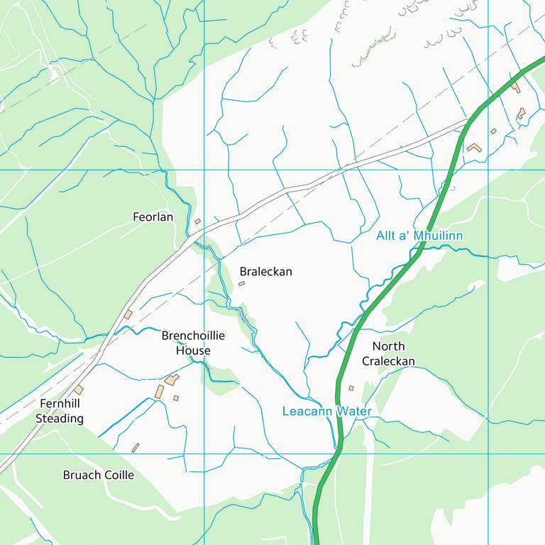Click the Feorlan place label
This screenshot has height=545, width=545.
(x=153, y=217)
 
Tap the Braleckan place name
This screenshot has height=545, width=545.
(x=265, y=272)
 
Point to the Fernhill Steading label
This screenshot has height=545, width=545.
(x=60, y=412)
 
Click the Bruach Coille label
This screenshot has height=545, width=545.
(x=98, y=475)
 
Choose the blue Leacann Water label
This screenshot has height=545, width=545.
(x=326, y=411)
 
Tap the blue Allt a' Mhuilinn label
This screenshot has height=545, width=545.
(x=419, y=235)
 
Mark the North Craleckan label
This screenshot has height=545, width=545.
(x=388, y=353)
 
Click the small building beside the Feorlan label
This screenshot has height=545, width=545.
(x=198, y=221)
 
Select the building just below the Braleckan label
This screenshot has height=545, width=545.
(x=241, y=283)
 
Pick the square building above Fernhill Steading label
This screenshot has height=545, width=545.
(x=78, y=390)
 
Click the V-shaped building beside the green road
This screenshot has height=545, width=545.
(x=474, y=148)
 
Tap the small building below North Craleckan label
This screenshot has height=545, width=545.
(x=351, y=388)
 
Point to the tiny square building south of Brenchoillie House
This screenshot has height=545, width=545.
(x=176, y=398)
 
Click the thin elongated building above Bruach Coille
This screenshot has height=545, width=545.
(x=136, y=448)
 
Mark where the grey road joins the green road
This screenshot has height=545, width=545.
(x=468, y=121)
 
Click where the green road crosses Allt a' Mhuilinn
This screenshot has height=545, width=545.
(x=420, y=248)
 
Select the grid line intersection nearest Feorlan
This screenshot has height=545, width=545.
(x=204, y=170)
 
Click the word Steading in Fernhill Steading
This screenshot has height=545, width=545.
(x=60, y=419)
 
